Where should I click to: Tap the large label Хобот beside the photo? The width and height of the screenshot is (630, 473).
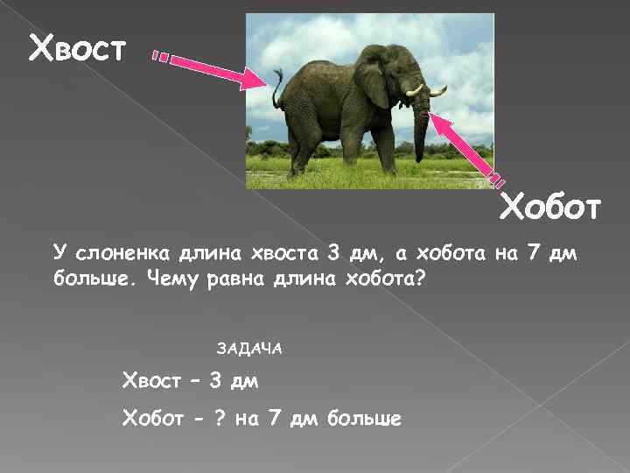tap(549, 208)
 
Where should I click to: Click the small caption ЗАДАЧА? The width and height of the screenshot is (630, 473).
tap(249, 348)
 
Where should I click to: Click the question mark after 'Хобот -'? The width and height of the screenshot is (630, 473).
tap(220, 419)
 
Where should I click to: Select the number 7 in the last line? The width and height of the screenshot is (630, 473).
tap(275, 419)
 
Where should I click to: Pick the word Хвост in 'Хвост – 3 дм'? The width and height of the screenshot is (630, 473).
tap(151, 383)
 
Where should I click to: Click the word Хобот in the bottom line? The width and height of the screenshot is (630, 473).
tap(151, 419)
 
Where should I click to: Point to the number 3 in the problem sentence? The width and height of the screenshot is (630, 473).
tap(332, 254)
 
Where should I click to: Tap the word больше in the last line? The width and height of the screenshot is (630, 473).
tap(364, 419)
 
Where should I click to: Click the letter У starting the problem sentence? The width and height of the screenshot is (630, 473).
tap(59, 254)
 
